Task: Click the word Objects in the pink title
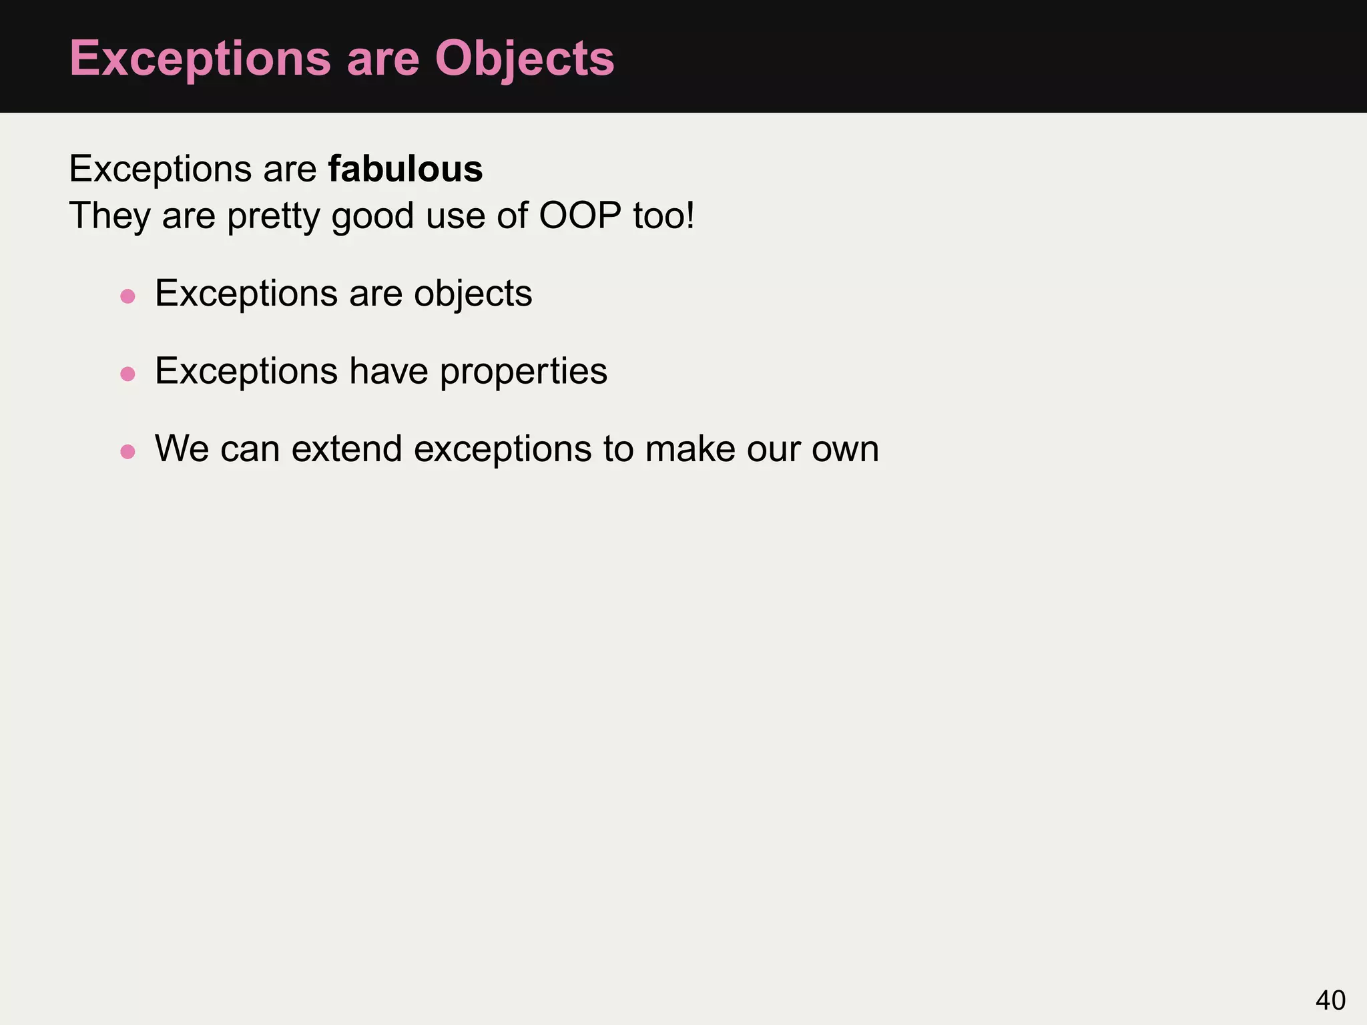tap(524, 59)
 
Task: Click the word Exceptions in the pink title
tap(200, 59)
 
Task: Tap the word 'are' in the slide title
tap(382, 59)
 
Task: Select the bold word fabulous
tap(405, 169)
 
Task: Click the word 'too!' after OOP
tap(663, 216)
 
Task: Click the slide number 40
tap(1330, 1000)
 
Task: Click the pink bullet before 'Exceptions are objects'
tap(127, 296)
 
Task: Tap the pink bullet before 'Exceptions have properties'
tap(127, 374)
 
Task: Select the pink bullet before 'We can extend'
tap(127, 452)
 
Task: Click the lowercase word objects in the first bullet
tap(473, 294)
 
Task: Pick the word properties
tap(523, 372)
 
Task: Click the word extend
tap(346, 448)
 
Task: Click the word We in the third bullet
tap(182, 448)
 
